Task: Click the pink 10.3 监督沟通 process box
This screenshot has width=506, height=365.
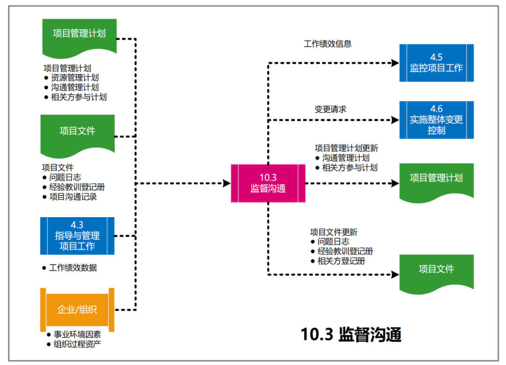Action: point(268,183)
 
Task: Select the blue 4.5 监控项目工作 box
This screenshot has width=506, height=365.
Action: point(436,63)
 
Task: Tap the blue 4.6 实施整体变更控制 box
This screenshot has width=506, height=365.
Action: point(436,120)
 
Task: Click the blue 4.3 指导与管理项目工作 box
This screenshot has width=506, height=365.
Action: point(77,236)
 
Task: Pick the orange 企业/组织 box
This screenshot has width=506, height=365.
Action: point(77,309)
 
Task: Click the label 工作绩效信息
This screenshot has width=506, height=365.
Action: point(327,44)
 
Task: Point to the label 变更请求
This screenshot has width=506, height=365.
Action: point(330,109)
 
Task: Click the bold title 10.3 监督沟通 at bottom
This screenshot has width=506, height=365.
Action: point(351,335)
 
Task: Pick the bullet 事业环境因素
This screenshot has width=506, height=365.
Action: point(77,335)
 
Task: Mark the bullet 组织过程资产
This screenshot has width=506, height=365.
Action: point(77,344)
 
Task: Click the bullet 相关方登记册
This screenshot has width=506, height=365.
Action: point(341,261)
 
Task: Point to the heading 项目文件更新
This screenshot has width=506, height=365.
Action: point(333,232)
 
